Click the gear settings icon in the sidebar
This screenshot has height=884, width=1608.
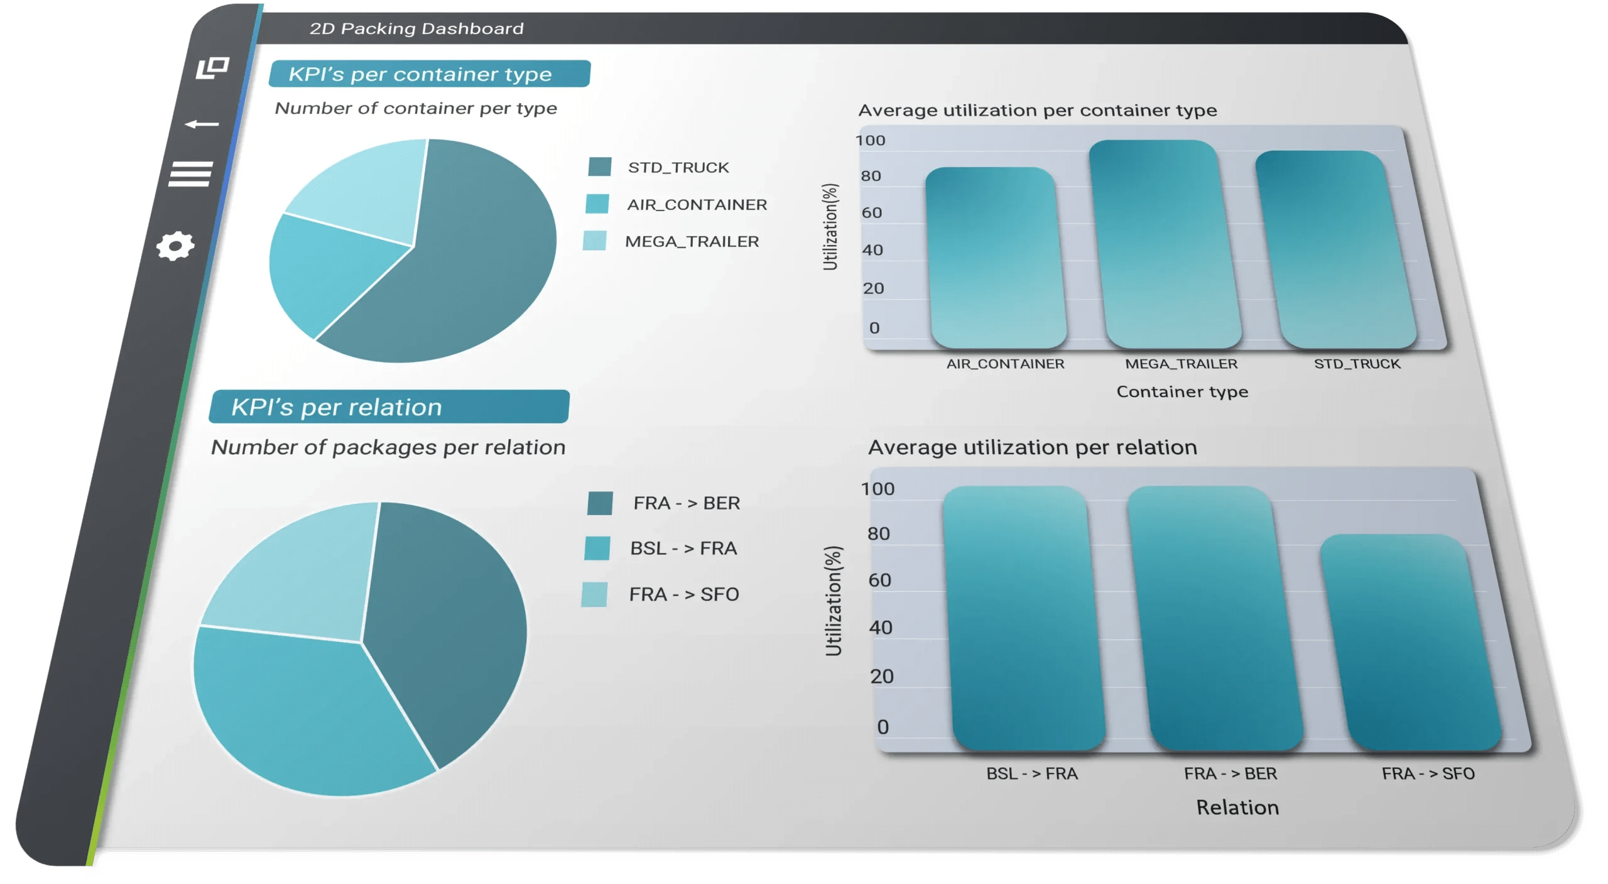[x=175, y=246]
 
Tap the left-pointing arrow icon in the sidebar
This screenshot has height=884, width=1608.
[x=202, y=124]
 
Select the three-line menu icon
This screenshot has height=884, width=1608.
[x=190, y=174]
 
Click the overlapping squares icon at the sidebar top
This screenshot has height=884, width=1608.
[x=212, y=67]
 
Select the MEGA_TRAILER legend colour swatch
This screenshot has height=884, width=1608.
[x=595, y=241]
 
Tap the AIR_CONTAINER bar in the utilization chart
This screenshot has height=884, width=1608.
[x=996, y=258]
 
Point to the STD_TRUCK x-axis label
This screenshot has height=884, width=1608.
[x=1357, y=364]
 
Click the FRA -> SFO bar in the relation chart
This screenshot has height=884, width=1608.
[x=1411, y=642]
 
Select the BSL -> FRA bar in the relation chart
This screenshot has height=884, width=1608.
[x=1024, y=618]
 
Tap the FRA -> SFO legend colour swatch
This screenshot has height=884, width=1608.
[x=594, y=594]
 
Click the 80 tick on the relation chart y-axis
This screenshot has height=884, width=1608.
[x=878, y=533]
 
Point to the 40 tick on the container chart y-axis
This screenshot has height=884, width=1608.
[x=872, y=250]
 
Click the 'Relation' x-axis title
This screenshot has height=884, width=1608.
[x=1237, y=807]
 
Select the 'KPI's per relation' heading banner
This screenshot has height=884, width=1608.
[x=389, y=407]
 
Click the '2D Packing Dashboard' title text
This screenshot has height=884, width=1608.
[x=416, y=28]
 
